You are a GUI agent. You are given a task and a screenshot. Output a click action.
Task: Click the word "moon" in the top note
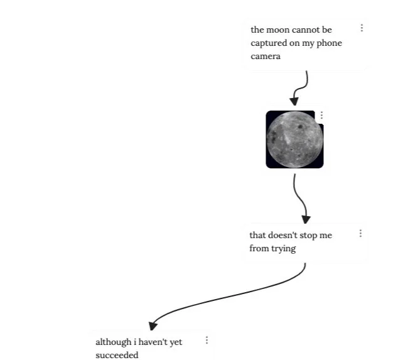(276, 30)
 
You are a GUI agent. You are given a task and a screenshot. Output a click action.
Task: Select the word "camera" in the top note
(266, 57)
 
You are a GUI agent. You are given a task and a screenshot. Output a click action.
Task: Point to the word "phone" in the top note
(330, 43)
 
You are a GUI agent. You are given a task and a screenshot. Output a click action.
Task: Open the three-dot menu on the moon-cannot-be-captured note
(362, 28)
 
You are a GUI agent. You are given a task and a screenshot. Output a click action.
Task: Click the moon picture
(294, 139)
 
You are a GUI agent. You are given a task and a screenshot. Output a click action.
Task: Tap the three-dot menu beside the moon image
(321, 116)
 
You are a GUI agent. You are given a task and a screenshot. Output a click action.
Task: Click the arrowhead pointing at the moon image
(294, 101)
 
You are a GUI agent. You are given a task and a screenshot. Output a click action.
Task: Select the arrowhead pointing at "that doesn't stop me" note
(306, 219)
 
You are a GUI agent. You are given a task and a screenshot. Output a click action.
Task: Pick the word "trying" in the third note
(283, 249)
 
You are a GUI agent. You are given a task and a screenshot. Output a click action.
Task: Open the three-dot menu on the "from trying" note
(360, 234)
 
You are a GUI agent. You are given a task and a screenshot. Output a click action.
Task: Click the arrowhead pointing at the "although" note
(153, 325)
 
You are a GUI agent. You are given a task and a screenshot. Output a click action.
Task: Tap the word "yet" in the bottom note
(176, 342)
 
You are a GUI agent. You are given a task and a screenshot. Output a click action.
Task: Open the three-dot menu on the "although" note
(207, 340)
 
